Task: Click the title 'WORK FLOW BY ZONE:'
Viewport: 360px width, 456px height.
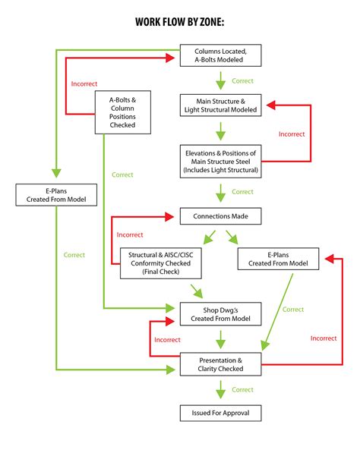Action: tap(180, 24)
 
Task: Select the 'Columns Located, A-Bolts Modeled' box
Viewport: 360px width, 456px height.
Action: tap(220, 55)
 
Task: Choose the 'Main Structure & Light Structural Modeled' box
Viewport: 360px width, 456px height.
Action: tap(220, 105)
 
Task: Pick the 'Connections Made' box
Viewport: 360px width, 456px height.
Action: tap(220, 216)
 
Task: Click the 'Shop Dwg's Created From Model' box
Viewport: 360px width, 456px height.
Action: tap(220, 312)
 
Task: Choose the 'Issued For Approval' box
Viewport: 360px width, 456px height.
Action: tap(220, 414)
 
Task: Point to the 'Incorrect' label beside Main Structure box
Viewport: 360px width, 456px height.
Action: tap(291, 134)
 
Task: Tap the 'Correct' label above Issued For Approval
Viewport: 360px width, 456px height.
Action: tap(242, 389)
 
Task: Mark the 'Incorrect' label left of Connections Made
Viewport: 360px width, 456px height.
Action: tap(130, 234)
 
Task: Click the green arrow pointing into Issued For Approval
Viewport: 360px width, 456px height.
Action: tap(220, 391)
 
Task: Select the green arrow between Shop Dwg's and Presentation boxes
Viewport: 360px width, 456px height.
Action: tap(220, 338)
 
